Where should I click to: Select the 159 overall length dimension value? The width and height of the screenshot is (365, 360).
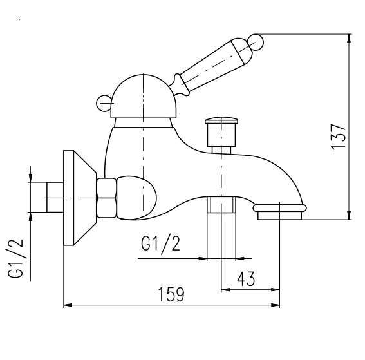click(172, 294)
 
